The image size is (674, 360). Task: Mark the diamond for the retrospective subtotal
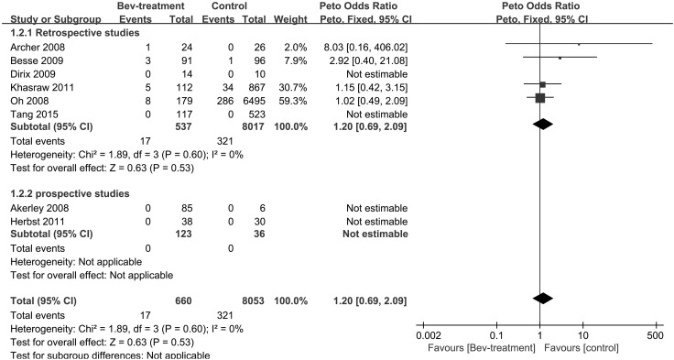coord(542,125)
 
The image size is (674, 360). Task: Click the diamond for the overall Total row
coord(542,299)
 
